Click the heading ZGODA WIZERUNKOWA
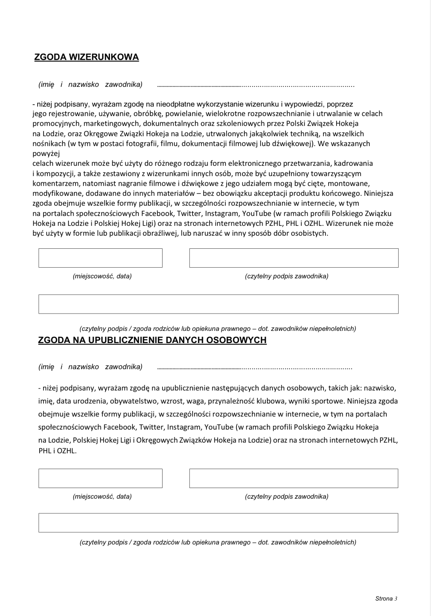(x=87, y=57)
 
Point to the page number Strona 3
(x=386, y=598)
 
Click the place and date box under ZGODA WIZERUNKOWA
(x=100, y=258)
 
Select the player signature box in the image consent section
(x=294, y=258)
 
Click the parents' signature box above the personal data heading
(x=218, y=304)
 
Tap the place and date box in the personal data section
(x=100, y=478)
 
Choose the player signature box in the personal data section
(x=294, y=478)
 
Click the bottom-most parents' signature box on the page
(x=218, y=523)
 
